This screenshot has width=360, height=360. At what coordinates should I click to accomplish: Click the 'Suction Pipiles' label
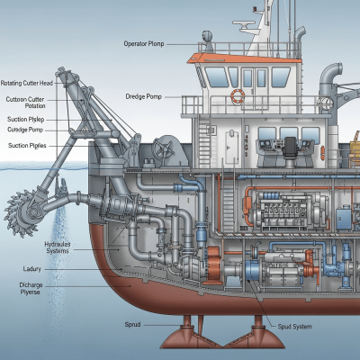pyautogui.click(x=27, y=144)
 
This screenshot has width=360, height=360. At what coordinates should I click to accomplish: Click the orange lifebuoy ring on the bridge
pyautogui.click(x=238, y=95)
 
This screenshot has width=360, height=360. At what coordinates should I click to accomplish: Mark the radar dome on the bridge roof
pyautogui.click(x=208, y=40)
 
